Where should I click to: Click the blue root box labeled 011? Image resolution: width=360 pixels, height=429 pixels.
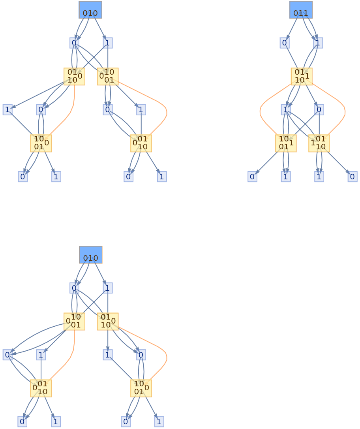(301, 10)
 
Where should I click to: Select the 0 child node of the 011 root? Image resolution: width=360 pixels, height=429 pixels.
(285, 43)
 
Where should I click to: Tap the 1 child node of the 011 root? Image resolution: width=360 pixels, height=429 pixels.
(318, 43)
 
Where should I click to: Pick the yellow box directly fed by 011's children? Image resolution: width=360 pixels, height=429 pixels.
(301, 76)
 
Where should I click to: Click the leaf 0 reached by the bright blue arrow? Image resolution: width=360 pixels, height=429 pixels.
(252, 177)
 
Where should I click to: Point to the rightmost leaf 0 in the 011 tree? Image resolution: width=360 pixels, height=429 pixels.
(352, 177)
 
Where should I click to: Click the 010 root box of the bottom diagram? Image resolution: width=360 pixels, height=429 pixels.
(91, 255)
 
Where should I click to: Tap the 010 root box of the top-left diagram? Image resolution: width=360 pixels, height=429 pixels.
(90, 10)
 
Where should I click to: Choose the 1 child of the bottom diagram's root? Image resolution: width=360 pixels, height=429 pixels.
(108, 288)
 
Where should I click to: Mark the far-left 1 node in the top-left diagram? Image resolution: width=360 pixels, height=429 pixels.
(7, 109)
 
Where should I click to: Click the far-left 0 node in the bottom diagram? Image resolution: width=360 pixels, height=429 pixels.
(7, 355)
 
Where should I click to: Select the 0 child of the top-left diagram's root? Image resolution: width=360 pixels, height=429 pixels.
(74, 43)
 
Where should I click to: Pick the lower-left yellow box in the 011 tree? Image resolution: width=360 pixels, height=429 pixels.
(285, 143)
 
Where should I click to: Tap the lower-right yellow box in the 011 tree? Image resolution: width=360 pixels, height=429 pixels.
(319, 143)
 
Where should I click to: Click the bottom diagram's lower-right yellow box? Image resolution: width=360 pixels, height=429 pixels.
(141, 388)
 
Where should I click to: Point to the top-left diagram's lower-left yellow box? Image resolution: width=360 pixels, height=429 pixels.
(41, 143)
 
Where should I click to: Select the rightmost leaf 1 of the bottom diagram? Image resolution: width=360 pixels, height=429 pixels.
(159, 421)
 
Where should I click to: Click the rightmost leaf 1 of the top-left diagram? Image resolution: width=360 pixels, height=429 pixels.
(161, 177)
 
